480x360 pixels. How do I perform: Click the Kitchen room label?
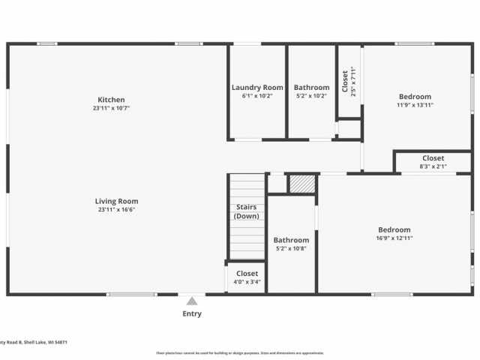click(x=111, y=100)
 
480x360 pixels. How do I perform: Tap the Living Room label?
click(x=116, y=201)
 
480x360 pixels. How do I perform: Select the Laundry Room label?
click(x=257, y=88)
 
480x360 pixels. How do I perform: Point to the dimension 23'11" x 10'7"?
click(x=111, y=109)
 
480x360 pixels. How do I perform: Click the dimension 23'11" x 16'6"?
click(x=116, y=210)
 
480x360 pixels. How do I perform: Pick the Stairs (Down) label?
click(x=247, y=211)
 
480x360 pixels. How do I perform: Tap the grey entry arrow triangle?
click(x=192, y=301)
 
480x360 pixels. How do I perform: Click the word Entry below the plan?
click(x=192, y=313)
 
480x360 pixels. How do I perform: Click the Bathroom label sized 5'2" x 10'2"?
click(x=311, y=88)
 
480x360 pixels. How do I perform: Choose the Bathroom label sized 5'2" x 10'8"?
click(x=291, y=240)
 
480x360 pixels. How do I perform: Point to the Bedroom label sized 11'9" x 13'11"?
click(x=415, y=97)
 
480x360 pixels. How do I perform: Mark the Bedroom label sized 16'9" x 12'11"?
click(x=394, y=229)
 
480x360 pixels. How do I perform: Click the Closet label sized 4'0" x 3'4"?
click(x=247, y=274)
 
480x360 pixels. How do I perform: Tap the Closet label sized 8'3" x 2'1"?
click(x=433, y=158)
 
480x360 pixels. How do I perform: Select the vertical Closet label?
click(x=345, y=81)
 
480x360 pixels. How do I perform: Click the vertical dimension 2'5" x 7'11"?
click(x=353, y=81)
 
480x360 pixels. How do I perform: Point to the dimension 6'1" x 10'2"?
click(x=257, y=96)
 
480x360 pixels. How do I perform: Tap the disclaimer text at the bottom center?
click(x=239, y=352)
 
